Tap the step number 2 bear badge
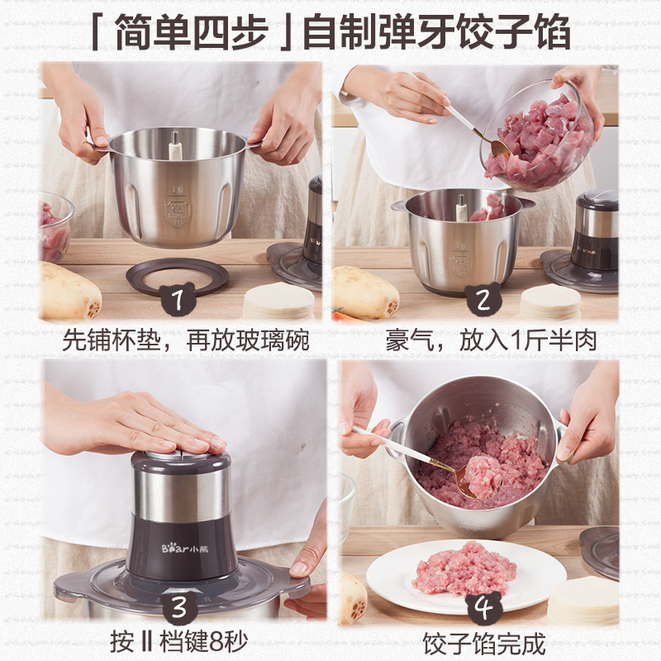tap(481, 299)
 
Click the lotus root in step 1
tap(68, 293)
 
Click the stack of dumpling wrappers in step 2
tap(549, 302)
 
